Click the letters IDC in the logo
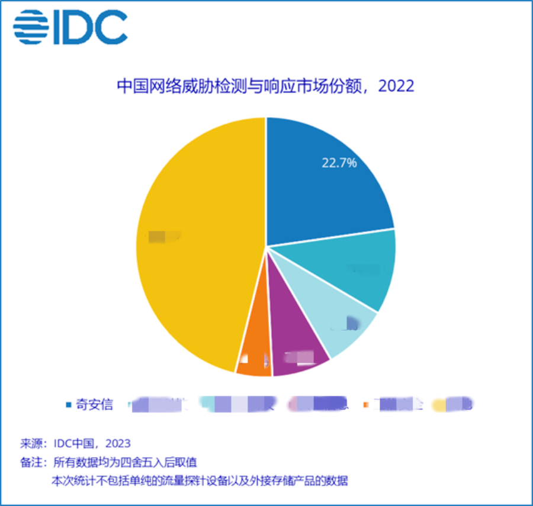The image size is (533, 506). (x=91, y=27)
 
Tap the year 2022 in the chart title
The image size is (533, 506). (x=396, y=86)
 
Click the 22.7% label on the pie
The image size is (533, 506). (x=339, y=163)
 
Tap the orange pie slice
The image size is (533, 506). (x=254, y=361)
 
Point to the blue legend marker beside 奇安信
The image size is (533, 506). (x=69, y=405)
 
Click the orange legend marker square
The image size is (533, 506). (x=366, y=405)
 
